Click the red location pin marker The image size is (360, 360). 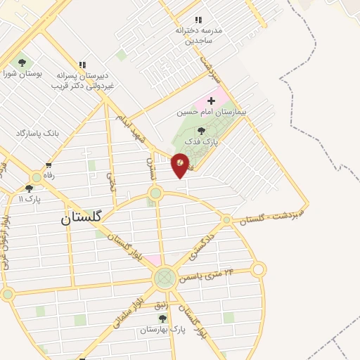[x=180, y=164]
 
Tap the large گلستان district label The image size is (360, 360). [x=81, y=218]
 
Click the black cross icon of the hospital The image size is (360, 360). [x=211, y=101]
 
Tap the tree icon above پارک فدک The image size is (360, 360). [x=202, y=131]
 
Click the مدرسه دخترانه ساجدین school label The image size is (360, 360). [x=203, y=36]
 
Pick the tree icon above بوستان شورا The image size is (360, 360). [x=22, y=63]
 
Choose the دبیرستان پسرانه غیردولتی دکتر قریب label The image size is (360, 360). [x=82, y=81]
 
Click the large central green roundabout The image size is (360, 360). [x=165, y=278]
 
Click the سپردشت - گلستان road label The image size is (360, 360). [x=273, y=214]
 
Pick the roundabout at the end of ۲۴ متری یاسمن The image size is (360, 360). [x=259, y=269]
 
